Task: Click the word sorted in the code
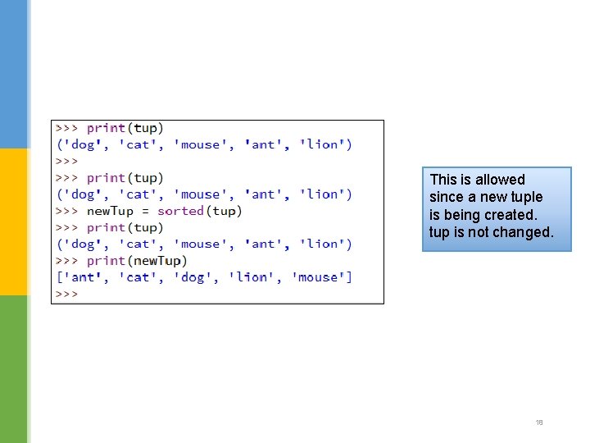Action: [x=180, y=211]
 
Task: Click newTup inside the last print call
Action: [x=157, y=260]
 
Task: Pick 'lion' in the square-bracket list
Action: [x=252, y=277]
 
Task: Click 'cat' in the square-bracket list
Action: [x=138, y=277]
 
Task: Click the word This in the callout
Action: [x=443, y=180]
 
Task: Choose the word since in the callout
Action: [x=446, y=197]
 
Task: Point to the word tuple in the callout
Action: [x=526, y=197]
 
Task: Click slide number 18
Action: [x=539, y=422]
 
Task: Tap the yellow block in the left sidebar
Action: [x=14, y=221]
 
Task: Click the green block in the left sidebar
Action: [x=14, y=369]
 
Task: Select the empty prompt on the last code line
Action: [x=66, y=294]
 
